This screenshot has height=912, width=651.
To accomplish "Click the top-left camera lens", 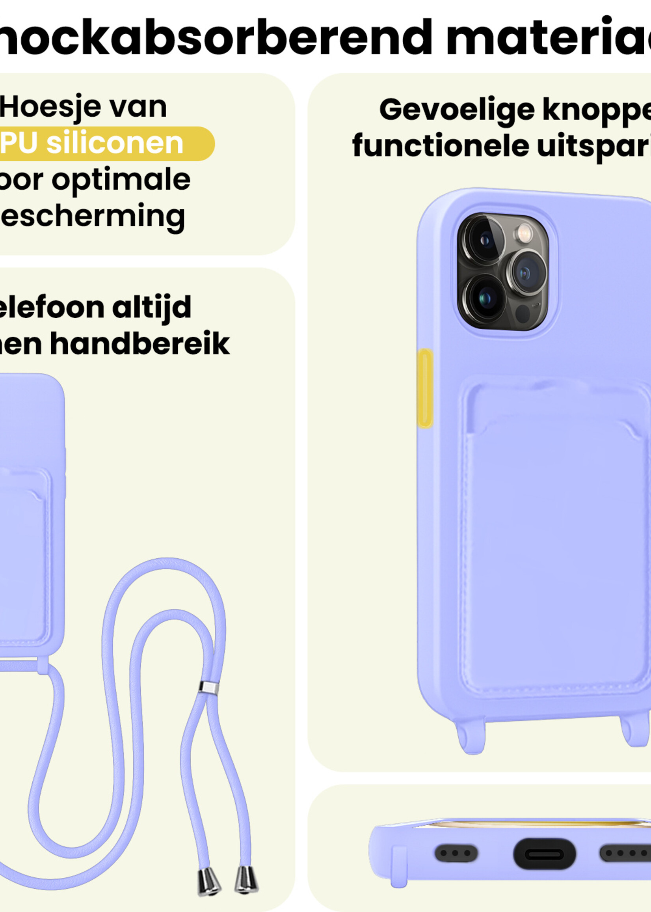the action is (484, 240).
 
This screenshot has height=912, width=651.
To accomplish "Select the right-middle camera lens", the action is (526, 273).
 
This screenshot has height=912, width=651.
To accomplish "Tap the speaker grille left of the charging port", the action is (456, 853).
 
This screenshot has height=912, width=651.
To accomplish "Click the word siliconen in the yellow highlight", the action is (115, 143).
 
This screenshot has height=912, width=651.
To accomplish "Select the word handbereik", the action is (140, 344).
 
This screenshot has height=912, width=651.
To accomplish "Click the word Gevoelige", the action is (457, 110).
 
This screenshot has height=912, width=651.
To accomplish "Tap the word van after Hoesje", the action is (138, 107).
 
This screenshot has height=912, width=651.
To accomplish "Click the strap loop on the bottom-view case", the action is (398, 866).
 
